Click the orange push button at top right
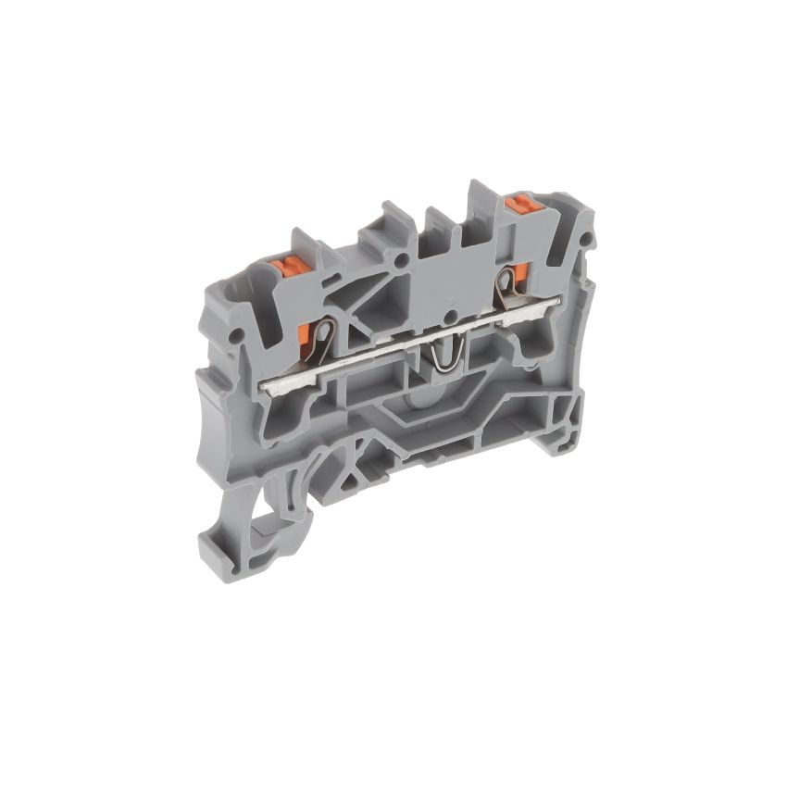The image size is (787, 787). click(520, 201)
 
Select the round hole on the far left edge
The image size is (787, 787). click(239, 331)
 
